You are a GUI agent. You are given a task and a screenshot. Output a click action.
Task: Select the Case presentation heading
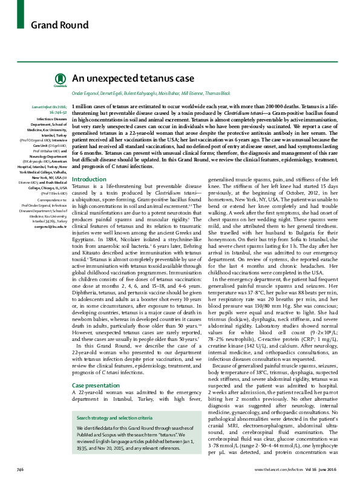coord(96,368)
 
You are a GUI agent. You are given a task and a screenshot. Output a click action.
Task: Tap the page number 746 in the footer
coord(19,468)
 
